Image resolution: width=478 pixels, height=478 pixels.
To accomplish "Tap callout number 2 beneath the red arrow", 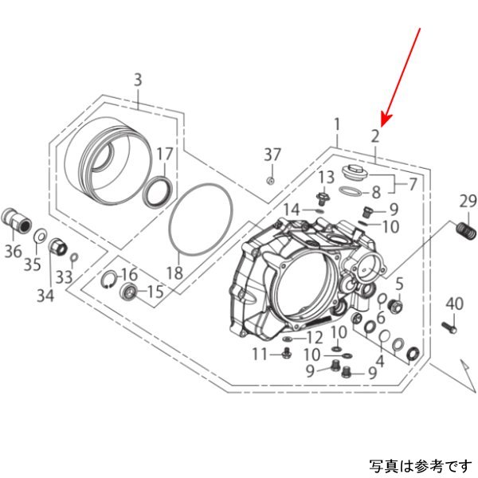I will tap(374, 137).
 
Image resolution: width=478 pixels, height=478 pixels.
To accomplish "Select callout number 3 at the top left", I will tap(137, 80).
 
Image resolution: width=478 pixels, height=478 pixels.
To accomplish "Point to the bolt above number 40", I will tap(449, 325).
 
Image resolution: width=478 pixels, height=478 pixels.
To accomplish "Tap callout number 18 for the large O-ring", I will tap(174, 273).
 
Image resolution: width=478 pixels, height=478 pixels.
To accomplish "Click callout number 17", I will tap(163, 154).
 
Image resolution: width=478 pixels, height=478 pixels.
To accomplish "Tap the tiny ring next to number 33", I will tap(74, 257).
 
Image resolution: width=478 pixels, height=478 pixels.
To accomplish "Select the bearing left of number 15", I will tap(127, 292).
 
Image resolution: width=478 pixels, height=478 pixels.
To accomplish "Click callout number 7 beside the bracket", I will tap(413, 184).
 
